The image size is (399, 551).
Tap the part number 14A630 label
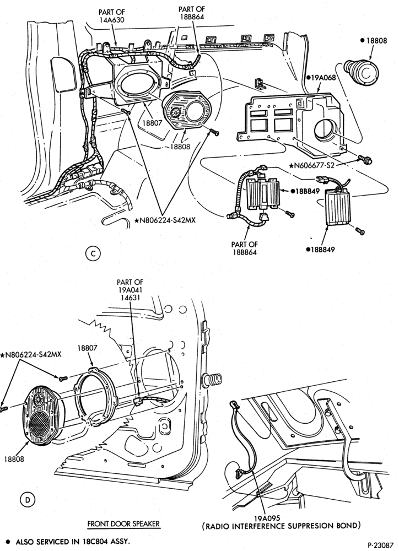click(112, 20)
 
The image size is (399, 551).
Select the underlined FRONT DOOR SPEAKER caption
click(123, 524)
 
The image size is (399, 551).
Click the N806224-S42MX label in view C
click(165, 220)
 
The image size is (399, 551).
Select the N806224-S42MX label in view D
click(31, 354)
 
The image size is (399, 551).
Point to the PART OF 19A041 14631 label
click(130, 289)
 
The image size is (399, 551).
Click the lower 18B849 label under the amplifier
click(320, 250)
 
